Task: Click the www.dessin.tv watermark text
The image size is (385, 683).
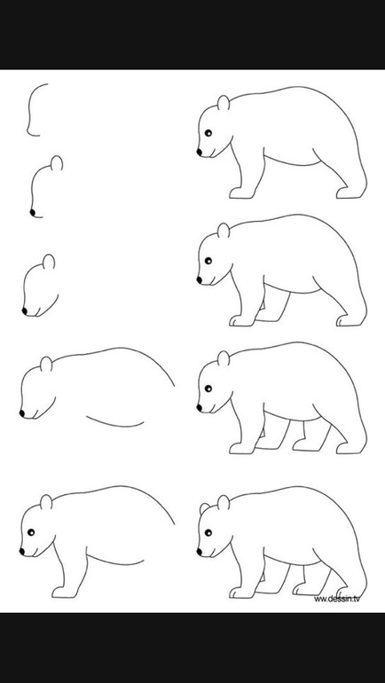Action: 337,599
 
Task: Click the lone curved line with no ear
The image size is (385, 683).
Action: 28,109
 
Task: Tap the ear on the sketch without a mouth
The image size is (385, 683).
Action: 57,163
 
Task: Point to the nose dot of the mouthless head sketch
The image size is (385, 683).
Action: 32,212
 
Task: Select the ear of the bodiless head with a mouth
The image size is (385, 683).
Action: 49,262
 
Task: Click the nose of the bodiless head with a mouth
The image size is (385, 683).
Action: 24,310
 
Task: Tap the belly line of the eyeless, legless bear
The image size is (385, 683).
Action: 115,422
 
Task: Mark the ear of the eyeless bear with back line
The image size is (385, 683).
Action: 46,365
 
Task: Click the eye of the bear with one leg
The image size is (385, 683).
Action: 31,532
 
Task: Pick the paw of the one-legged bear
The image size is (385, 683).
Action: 63,593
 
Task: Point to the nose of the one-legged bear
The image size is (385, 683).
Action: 22,552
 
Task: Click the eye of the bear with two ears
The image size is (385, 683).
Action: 208,532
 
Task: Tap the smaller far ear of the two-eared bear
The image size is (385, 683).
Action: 204,508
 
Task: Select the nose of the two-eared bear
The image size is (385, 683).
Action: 199,552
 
